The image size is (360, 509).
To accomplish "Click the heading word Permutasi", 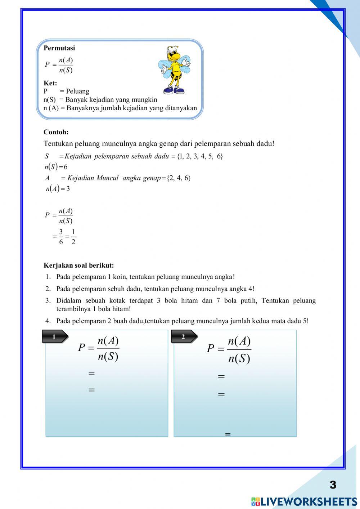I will [59, 48].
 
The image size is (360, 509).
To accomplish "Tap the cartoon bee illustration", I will [174, 70].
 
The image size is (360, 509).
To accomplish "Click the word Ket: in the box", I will [50, 83].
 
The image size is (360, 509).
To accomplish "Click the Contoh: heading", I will [56, 132].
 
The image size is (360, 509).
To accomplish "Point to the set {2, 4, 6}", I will [179, 178].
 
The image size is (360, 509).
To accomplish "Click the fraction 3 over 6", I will [61, 237].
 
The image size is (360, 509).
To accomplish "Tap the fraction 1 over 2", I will [73, 237].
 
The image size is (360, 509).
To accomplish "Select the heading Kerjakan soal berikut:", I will [78, 265].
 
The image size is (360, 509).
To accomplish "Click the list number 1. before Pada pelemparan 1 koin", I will [48, 277].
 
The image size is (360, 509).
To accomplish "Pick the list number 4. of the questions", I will [48, 321].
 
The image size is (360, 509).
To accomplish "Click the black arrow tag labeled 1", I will [55, 337].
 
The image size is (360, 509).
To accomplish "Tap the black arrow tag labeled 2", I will [184, 337].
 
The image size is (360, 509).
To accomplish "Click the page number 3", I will [333, 485].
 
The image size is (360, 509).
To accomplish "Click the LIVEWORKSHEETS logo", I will [304, 501].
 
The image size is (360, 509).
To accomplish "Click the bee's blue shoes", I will [174, 90].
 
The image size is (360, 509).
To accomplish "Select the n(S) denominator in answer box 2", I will [239, 359].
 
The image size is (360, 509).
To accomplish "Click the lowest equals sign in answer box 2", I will [228, 434].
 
